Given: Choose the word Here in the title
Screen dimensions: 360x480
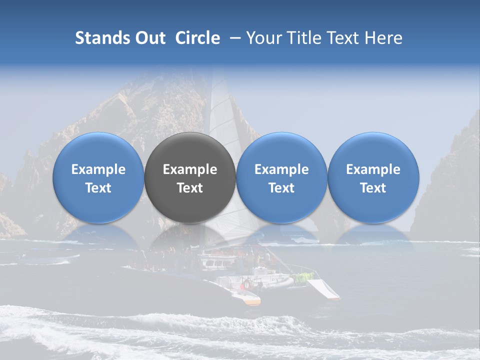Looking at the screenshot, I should (383, 38).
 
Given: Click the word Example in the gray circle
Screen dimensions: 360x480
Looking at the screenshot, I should (190, 169).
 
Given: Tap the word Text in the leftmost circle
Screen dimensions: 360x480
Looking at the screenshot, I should (98, 188).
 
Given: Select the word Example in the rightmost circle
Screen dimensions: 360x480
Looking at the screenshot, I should (373, 169).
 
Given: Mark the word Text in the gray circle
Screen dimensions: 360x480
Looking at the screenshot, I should (190, 188).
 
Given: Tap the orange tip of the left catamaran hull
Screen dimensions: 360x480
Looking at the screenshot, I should (253, 301).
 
